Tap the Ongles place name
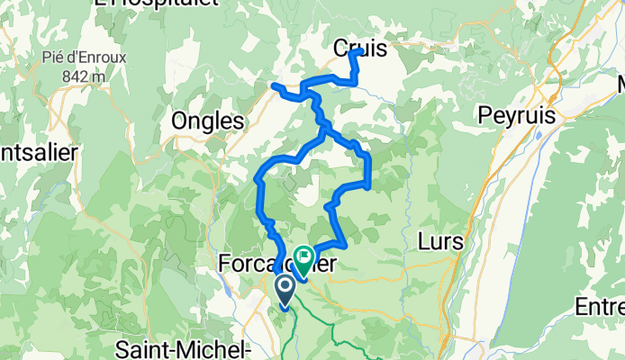click(x=208, y=121)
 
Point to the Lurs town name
click(x=441, y=241)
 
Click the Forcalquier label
click(x=278, y=264)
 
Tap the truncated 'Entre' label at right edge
click(x=600, y=308)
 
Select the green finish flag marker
click(x=302, y=260)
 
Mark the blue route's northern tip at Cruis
click(x=360, y=51)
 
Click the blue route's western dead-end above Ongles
click(x=273, y=85)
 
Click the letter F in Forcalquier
click(x=226, y=264)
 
